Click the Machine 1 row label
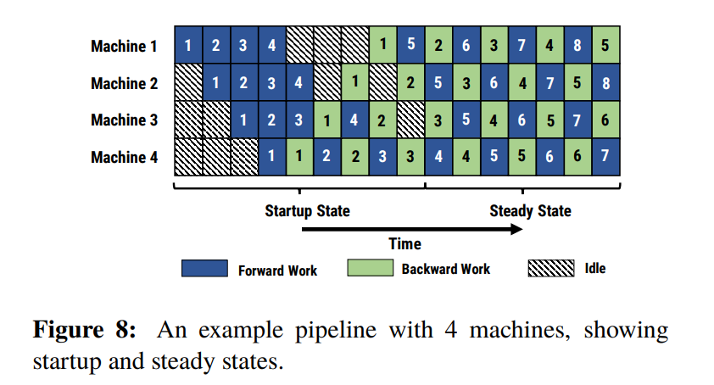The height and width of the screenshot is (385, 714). (x=124, y=46)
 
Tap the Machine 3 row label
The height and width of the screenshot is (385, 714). (x=124, y=120)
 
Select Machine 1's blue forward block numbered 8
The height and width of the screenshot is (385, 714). (x=577, y=45)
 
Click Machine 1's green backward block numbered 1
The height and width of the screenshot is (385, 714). (x=383, y=45)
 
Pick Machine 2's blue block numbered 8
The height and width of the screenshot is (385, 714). (x=606, y=82)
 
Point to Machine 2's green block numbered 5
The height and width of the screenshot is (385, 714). (x=577, y=82)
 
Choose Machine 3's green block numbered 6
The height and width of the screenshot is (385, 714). (x=606, y=120)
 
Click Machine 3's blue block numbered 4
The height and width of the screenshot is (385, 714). (x=354, y=120)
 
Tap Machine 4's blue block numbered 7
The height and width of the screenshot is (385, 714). (x=606, y=157)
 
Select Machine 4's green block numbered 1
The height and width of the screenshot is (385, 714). (x=299, y=157)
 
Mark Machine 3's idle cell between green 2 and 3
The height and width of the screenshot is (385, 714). (x=410, y=120)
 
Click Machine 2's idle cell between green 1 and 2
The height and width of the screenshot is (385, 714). (x=383, y=82)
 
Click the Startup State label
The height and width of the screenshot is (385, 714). (x=307, y=211)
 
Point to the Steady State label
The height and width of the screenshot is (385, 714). (x=530, y=211)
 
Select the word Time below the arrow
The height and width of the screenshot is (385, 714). (x=404, y=243)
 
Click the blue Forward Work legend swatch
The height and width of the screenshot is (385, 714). (x=204, y=268)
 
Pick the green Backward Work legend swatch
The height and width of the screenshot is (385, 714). (x=371, y=268)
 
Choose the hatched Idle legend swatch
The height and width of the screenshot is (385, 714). (x=551, y=268)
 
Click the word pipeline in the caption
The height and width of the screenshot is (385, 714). (x=336, y=331)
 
